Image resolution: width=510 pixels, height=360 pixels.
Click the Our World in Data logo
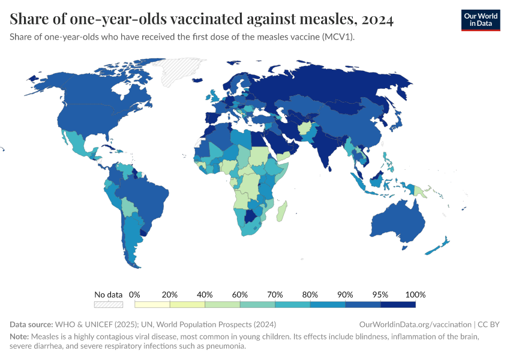[x=480, y=20]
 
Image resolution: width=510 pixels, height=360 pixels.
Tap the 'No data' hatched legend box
[x=108, y=304]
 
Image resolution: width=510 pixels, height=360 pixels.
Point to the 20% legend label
[x=170, y=295]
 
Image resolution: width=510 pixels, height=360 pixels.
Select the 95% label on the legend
[x=380, y=295]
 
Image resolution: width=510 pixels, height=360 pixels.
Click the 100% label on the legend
[x=415, y=295]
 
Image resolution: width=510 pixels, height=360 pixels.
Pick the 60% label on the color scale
[x=240, y=295]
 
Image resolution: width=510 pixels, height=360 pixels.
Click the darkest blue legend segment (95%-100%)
[x=398, y=304]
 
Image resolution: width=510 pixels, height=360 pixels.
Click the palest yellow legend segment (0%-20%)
[x=152, y=304]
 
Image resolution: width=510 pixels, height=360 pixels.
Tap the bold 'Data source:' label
[x=33, y=324]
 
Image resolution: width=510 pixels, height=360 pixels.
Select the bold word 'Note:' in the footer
[x=20, y=336]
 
